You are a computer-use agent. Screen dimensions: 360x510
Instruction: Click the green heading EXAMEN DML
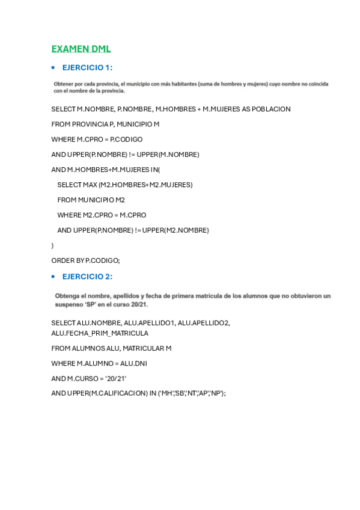coord(81,49)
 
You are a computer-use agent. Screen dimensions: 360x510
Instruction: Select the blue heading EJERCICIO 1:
coord(87,67)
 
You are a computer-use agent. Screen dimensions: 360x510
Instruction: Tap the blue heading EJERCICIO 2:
coord(87,277)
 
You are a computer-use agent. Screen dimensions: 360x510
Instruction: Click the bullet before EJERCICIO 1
coord(53,67)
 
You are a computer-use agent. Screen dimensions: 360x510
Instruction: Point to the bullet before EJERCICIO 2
coord(53,277)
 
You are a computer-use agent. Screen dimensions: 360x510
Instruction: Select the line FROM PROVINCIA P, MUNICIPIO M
coord(105,124)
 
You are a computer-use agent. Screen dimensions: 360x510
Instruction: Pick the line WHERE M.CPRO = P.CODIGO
coord(97,139)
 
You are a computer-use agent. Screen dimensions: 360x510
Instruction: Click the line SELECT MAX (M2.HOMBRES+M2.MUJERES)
coord(125,185)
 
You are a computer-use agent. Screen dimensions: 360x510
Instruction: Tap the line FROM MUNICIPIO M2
coord(91,200)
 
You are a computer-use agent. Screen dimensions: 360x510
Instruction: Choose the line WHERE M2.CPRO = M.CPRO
coord(102,215)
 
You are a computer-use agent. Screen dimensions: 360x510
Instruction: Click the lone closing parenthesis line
coord(53,245)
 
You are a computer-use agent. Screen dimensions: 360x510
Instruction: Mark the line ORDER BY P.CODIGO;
coord(86,260)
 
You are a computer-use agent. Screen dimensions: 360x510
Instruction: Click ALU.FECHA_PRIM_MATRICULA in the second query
coord(100,333)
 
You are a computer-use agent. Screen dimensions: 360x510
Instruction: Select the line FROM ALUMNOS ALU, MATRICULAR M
coord(111,348)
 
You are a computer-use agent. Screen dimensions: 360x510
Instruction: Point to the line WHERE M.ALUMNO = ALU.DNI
coord(99,363)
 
